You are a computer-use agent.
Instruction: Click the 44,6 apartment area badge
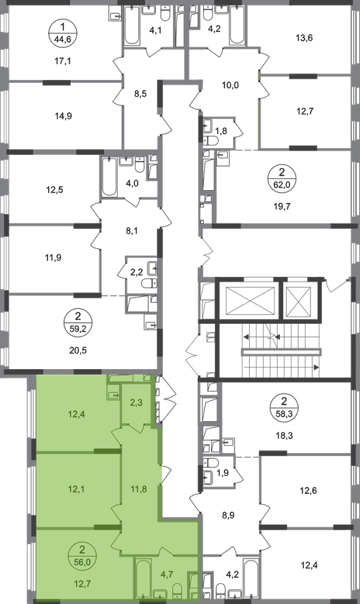click(x=63, y=33)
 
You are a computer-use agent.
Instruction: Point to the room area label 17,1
click(x=63, y=61)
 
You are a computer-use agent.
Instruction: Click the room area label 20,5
click(x=79, y=350)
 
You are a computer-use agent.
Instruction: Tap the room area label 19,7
click(x=281, y=206)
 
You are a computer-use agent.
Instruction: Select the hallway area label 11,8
click(x=138, y=490)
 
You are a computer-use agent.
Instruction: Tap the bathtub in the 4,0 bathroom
click(x=109, y=177)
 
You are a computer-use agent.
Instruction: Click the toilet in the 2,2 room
click(x=150, y=284)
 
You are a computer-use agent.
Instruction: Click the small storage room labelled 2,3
click(x=136, y=403)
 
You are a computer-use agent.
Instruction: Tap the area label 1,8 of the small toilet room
click(x=221, y=131)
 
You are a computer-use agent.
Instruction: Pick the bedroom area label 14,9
click(x=63, y=116)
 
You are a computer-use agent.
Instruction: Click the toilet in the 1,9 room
click(x=210, y=463)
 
